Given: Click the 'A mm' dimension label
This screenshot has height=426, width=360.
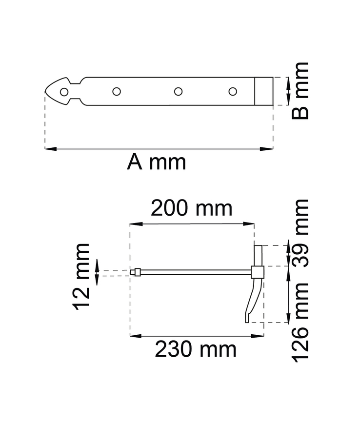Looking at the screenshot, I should coord(157,162).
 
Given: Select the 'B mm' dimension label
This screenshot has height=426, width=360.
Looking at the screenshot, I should coord(300,91).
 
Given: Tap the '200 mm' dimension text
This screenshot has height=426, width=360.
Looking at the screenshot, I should coord(191,209).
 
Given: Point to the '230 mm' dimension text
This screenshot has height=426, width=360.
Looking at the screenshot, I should coord(196,349).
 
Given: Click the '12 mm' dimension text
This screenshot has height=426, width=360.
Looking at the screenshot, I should coord(82,277).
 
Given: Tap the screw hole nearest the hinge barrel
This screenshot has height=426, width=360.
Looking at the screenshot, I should coord(233,91).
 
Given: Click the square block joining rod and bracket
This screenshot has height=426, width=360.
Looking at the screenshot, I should coord(258,271).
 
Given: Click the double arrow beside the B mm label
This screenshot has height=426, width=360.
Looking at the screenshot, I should coord(287,91).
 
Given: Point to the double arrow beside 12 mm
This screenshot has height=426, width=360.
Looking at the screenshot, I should coord(98,272).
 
